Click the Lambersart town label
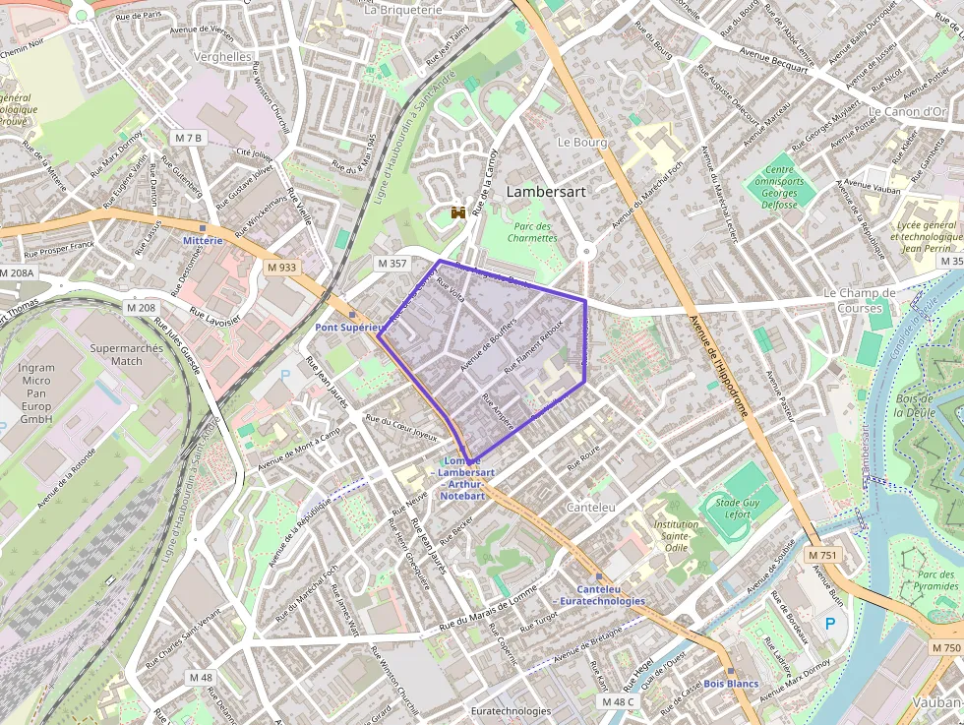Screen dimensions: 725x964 pyautogui.click(x=545, y=192)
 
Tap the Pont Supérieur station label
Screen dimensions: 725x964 pyautogui.click(x=347, y=327)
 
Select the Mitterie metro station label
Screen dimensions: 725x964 pyautogui.click(x=203, y=240)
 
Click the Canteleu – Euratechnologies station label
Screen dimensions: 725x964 pyautogui.click(x=599, y=594)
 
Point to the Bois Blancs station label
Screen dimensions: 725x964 pyautogui.click(x=731, y=683)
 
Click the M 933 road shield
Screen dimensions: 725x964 pyautogui.click(x=281, y=267)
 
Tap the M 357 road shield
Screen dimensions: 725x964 pyautogui.click(x=391, y=263)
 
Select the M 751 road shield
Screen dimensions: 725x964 pyautogui.click(x=822, y=556)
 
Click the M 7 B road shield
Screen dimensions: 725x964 pyautogui.click(x=187, y=137)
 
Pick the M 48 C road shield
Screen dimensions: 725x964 pyautogui.click(x=619, y=701)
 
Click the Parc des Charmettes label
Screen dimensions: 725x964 pyautogui.click(x=532, y=231)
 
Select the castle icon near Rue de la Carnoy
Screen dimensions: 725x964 pyautogui.click(x=457, y=212)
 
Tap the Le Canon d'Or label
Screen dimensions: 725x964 pyautogui.click(x=906, y=111)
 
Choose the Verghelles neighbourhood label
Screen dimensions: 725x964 pyautogui.click(x=223, y=57)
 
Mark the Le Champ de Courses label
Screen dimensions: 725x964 pyautogui.click(x=859, y=300)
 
